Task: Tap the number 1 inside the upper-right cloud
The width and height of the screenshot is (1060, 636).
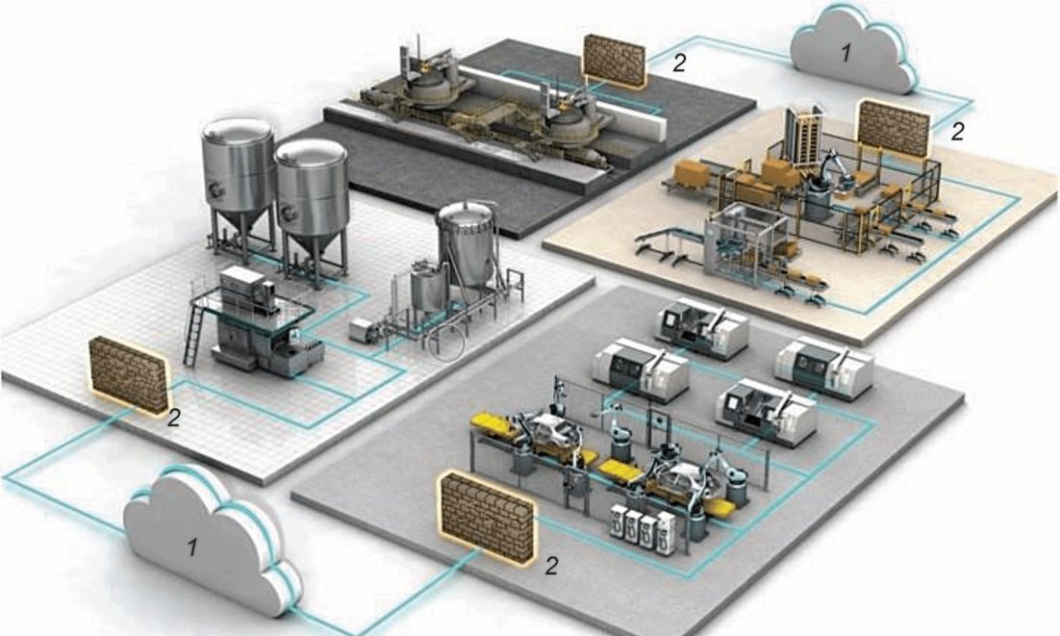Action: coord(845,54)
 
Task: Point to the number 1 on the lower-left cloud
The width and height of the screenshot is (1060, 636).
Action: coord(191,549)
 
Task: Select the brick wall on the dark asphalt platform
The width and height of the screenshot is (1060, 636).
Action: coord(616,60)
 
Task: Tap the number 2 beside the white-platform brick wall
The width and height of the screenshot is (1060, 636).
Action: coord(174,418)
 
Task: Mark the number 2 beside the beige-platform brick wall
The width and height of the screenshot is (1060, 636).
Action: coord(956,132)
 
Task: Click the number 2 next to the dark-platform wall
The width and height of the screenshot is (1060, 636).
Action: coord(680,64)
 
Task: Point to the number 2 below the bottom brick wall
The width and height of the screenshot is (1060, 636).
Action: coord(551,566)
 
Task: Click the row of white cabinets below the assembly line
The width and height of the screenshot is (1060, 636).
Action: coord(638,532)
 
